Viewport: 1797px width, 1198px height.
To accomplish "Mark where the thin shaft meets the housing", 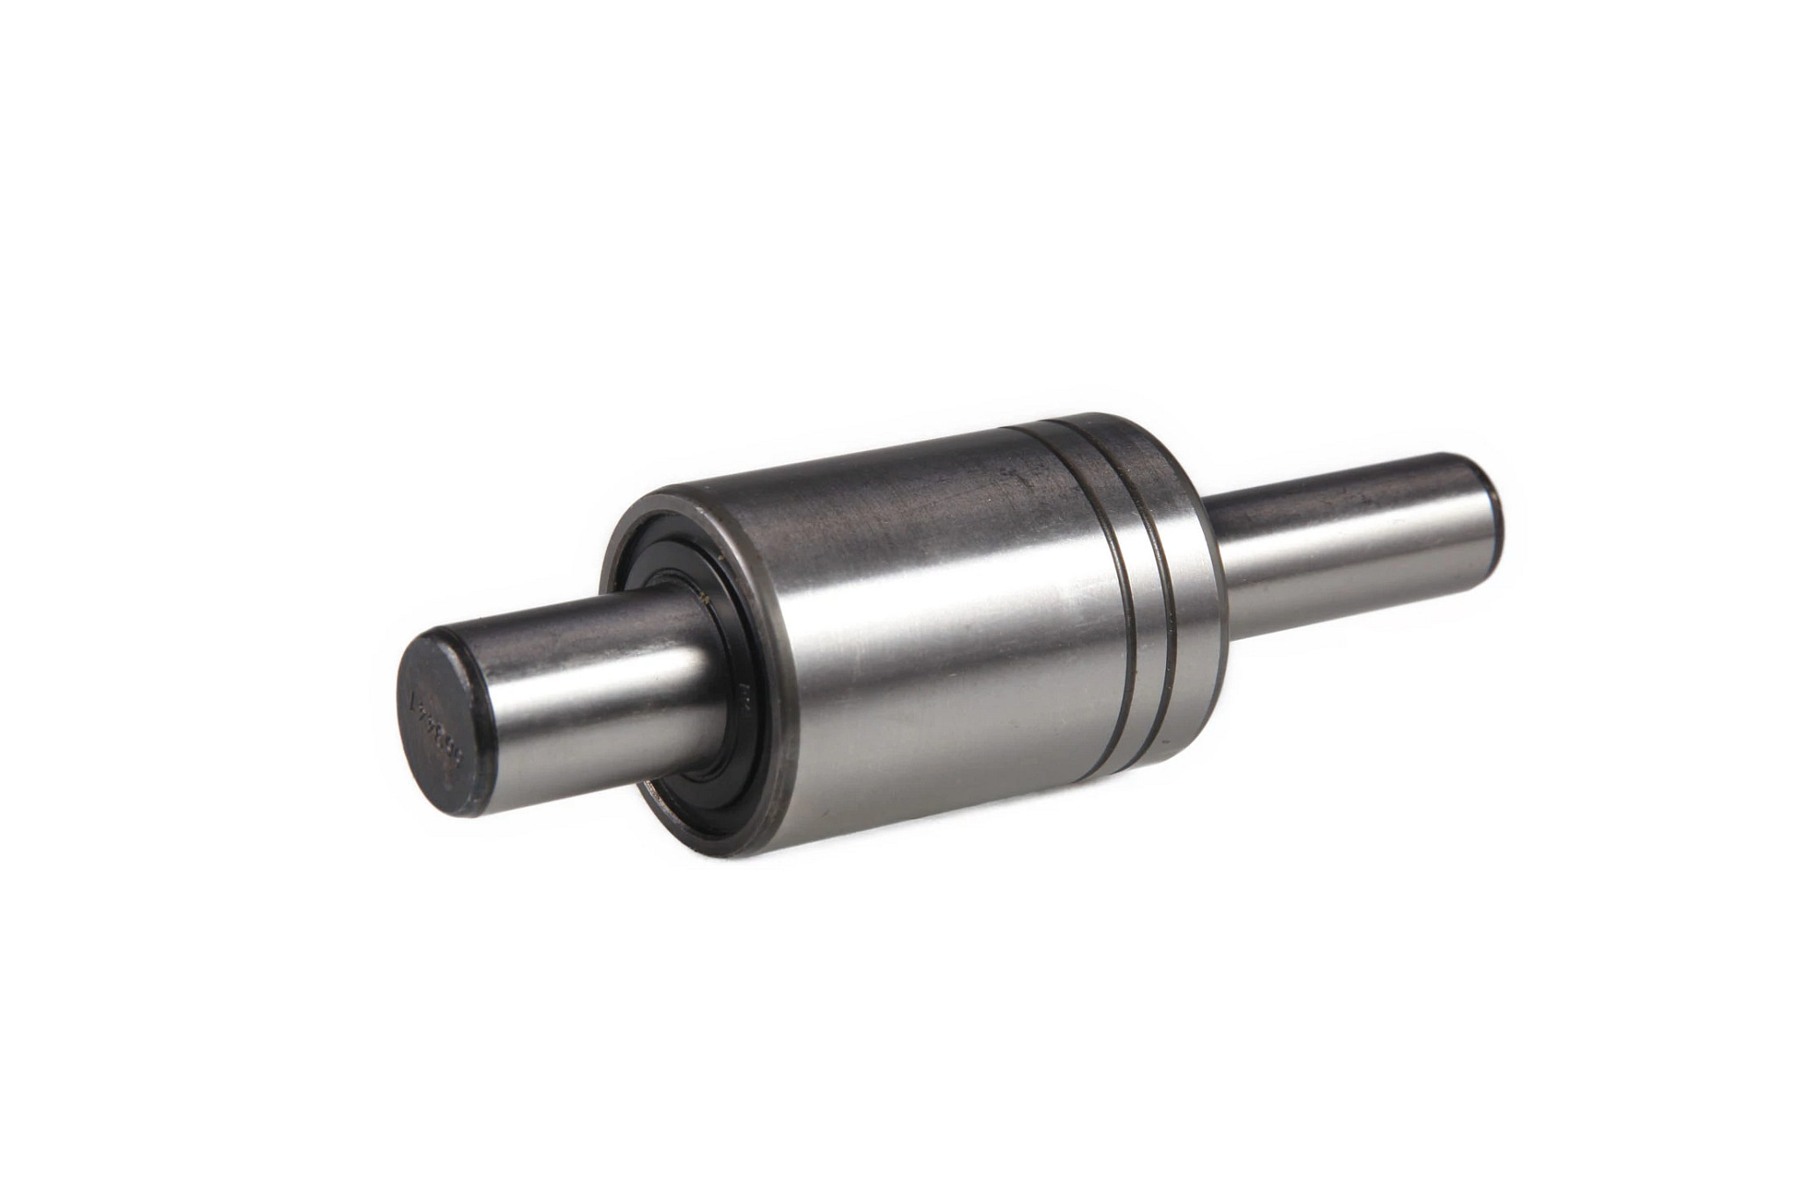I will (1215, 562).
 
